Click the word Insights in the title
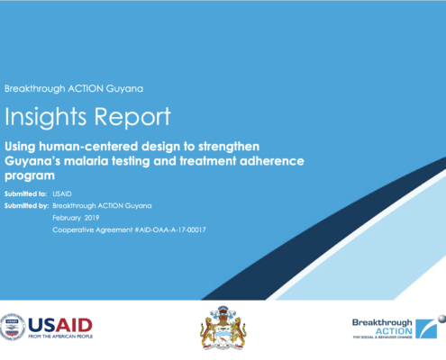tap(45, 117)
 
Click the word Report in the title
tap(132, 117)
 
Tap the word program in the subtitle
tap(30, 176)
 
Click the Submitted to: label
tap(25, 193)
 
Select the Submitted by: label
tap(26, 206)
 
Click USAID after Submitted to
tap(62, 193)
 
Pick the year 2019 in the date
tap(92, 218)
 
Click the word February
tap(67, 218)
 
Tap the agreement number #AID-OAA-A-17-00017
tap(170, 229)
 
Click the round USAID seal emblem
tap(13, 327)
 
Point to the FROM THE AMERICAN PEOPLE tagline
tap(60, 337)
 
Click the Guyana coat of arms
tap(223, 328)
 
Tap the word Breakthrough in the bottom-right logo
tap(382, 322)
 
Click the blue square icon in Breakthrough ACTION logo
tap(426, 328)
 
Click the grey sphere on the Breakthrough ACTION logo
tap(442, 319)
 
